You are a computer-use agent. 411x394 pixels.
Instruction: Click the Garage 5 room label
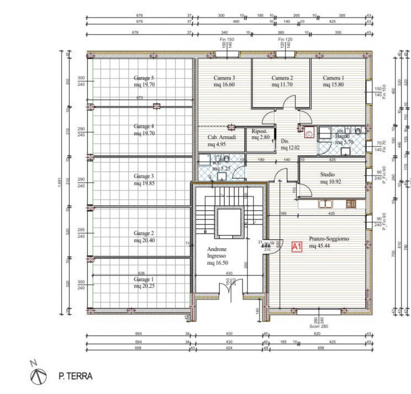[x=144, y=78]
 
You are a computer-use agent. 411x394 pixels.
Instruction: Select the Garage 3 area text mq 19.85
[x=144, y=183]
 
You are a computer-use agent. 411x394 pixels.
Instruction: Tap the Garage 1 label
[x=144, y=279]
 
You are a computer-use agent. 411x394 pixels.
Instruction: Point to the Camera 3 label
[x=225, y=78]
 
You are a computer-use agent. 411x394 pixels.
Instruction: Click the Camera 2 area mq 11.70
[x=282, y=85]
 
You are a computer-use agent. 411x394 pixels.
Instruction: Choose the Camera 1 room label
[x=333, y=78]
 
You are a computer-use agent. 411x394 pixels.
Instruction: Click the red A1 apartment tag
[x=296, y=247]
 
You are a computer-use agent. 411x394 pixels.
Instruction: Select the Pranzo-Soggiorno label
[x=329, y=239]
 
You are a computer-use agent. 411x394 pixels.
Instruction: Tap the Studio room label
[x=327, y=174]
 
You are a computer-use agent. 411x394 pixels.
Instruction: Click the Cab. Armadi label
[x=221, y=137]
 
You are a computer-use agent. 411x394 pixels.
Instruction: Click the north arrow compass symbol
[x=36, y=377]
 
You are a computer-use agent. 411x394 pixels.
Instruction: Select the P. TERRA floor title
[x=75, y=377]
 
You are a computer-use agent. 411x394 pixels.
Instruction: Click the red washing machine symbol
[x=309, y=133]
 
